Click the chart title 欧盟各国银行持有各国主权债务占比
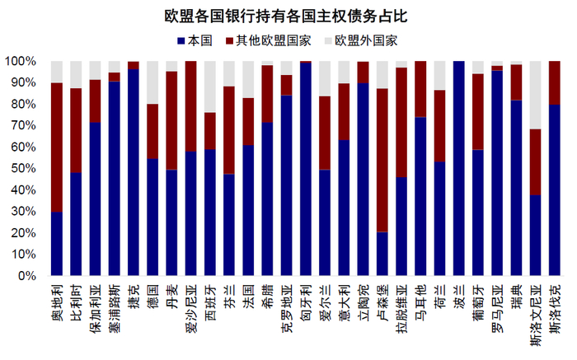tap(288, 15)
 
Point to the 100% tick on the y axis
tap(20, 61)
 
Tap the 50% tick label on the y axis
tap(22, 168)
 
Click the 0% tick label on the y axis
tap(26, 276)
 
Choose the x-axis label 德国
tap(152, 295)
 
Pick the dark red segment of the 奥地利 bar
tap(57, 147)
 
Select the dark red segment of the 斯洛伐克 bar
tap(555, 82)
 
